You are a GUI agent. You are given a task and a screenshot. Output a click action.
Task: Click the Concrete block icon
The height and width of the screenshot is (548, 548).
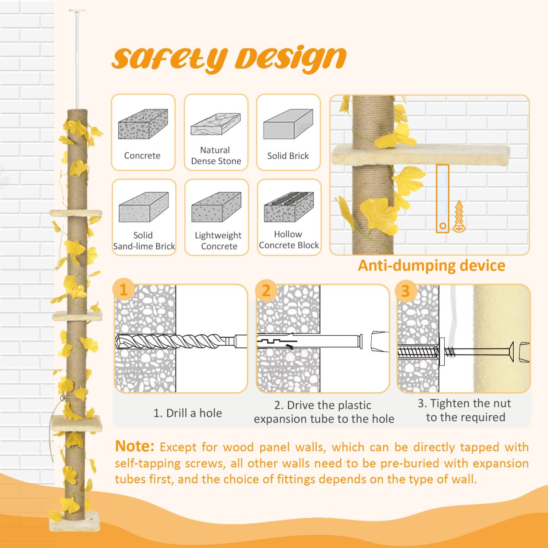click(143, 124)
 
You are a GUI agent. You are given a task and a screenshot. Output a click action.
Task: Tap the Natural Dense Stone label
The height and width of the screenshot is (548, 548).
click(216, 156)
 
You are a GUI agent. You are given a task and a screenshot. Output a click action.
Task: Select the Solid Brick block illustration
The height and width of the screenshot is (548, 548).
click(288, 124)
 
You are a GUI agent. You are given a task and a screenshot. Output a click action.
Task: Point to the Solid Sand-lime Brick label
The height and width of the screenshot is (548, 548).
click(144, 241)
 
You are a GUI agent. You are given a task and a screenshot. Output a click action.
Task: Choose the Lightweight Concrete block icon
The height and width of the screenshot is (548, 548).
click(216, 207)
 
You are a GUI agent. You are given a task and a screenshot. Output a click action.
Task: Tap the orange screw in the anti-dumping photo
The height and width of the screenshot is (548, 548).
click(459, 216)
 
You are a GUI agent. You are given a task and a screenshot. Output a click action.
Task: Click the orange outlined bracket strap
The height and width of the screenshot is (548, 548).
click(443, 199)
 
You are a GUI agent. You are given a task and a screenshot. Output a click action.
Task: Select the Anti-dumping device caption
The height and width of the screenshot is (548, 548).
click(431, 265)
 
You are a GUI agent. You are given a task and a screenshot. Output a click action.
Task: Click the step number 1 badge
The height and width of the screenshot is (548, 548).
click(123, 290)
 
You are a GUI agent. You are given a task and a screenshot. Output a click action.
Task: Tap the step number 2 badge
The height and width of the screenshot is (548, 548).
click(266, 290)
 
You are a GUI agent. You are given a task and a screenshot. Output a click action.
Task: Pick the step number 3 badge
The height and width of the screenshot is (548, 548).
click(406, 291)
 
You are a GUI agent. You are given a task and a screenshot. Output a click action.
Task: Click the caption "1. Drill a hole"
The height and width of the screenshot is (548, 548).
click(188, 413)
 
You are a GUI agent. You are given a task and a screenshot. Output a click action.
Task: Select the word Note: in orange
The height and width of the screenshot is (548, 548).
click(135, 446)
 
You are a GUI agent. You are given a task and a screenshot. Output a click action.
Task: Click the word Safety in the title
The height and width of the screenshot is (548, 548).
click(169, 59)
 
